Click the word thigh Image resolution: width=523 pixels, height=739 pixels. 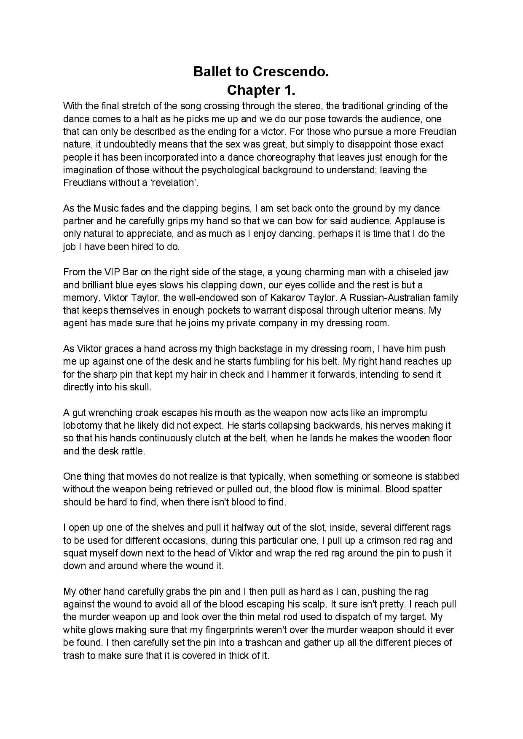pyautogui.click(x=225, y=349)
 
